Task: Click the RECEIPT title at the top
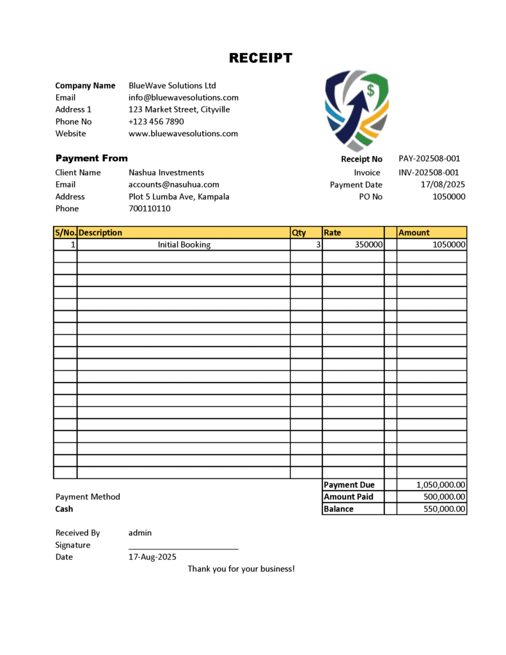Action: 260,58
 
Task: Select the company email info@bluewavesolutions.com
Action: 184,98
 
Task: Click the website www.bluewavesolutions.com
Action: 183,134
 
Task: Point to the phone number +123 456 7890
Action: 156,122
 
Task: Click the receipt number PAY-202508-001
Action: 429,159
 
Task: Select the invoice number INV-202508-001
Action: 429,172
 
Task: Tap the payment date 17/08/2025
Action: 443,184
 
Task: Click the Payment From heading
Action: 91,158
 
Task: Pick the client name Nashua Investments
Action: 166,172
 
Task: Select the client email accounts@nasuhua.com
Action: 174,184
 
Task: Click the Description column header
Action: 100,233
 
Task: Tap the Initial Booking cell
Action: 184,244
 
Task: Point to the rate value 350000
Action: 369,244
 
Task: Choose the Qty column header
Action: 299,233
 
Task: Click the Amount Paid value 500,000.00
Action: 445,497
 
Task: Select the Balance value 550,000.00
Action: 445,509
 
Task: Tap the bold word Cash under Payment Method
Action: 64,509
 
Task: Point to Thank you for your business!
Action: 241,569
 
